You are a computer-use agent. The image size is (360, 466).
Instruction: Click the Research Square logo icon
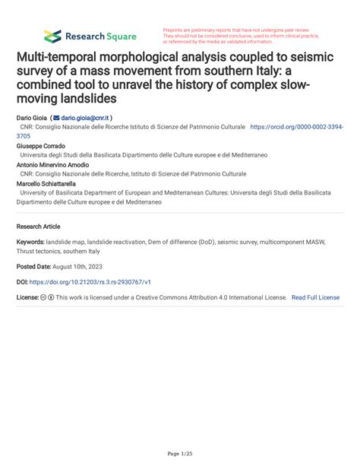(52, 36)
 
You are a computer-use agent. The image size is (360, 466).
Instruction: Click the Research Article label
(38, 227)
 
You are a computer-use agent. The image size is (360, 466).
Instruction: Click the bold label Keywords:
(30, 242)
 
